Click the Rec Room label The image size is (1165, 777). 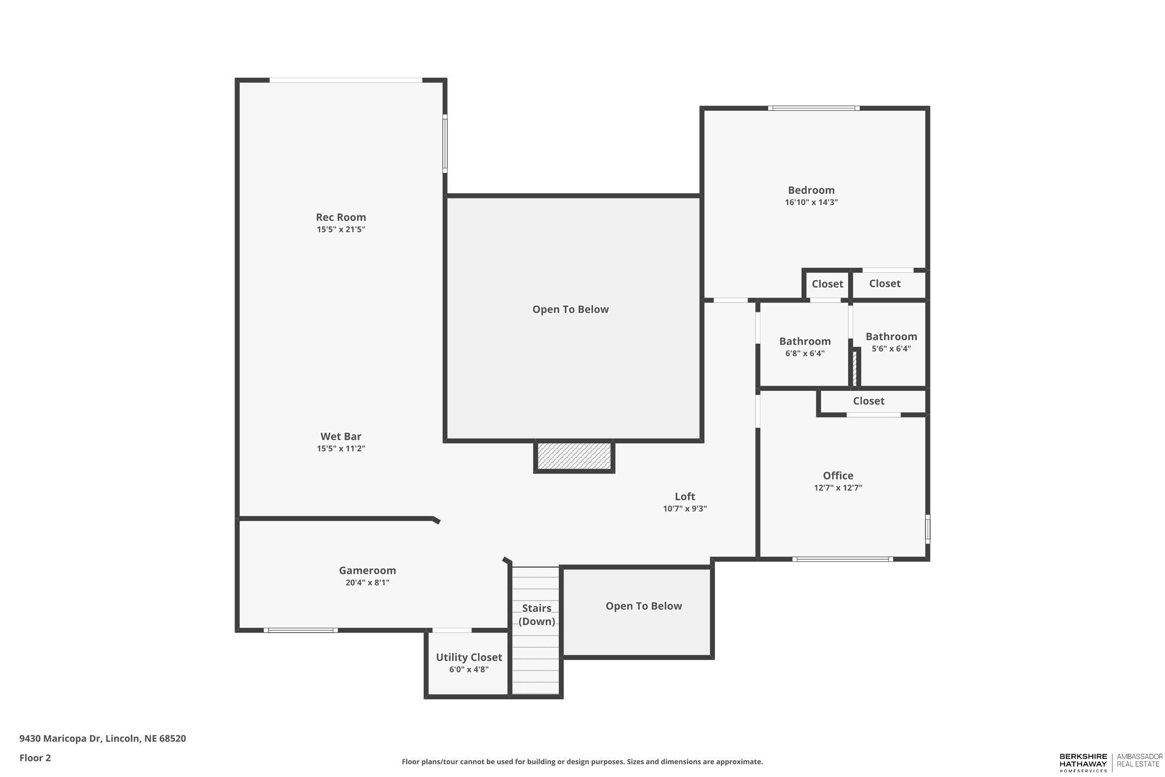[341, 217]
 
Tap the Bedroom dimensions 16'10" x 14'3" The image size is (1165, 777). [811, 202]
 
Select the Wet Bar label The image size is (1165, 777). [341, 437]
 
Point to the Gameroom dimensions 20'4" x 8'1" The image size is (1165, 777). [367, 583]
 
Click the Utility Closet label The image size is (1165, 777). [469, 657]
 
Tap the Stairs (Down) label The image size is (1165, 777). [536, 614]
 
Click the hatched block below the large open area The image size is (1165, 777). [574, 456]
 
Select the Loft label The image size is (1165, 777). [685, 496]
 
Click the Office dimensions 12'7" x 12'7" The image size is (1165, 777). [837, 488]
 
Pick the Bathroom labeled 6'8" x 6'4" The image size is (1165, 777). [804, 342]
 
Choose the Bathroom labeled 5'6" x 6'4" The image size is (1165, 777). [891, 337]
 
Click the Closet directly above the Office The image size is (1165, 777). [868, 401]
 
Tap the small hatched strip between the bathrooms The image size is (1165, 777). [855, 368]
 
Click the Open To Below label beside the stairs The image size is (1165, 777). [644, 606]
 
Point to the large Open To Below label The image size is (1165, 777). [570, 309]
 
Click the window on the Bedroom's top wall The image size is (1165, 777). [813, 108]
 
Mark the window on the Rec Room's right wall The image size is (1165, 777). [445, 144]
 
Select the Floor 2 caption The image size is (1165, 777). [35, 758]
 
